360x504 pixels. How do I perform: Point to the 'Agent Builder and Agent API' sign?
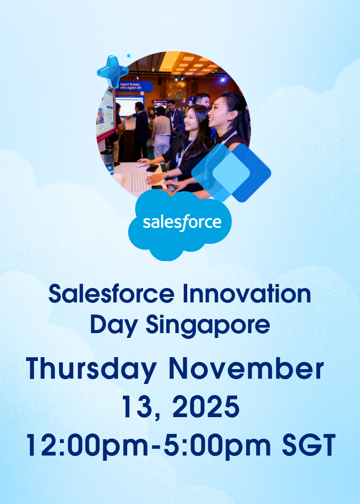[x=135, y=86]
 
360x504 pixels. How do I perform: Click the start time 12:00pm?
[x=87, y=445]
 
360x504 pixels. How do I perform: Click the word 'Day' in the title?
[x=114, y=325]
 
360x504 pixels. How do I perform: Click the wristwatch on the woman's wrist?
[x=167, y=175]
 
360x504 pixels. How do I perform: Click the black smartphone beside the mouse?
[x=153, y=168]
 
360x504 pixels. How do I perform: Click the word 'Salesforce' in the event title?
[x=111, y=294]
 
